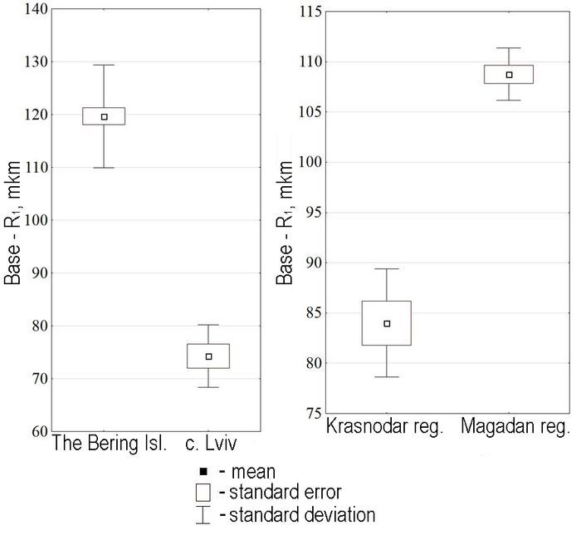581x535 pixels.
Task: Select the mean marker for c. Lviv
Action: coord(208,356)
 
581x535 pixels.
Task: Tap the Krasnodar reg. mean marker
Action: coord(387,323)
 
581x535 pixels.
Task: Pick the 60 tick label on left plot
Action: coord(35,432)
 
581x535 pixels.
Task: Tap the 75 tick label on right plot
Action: coord(310,414)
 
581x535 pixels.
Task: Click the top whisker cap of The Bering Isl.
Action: coord(104,65)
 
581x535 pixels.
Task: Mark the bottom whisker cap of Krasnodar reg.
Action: coord(387,376)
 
